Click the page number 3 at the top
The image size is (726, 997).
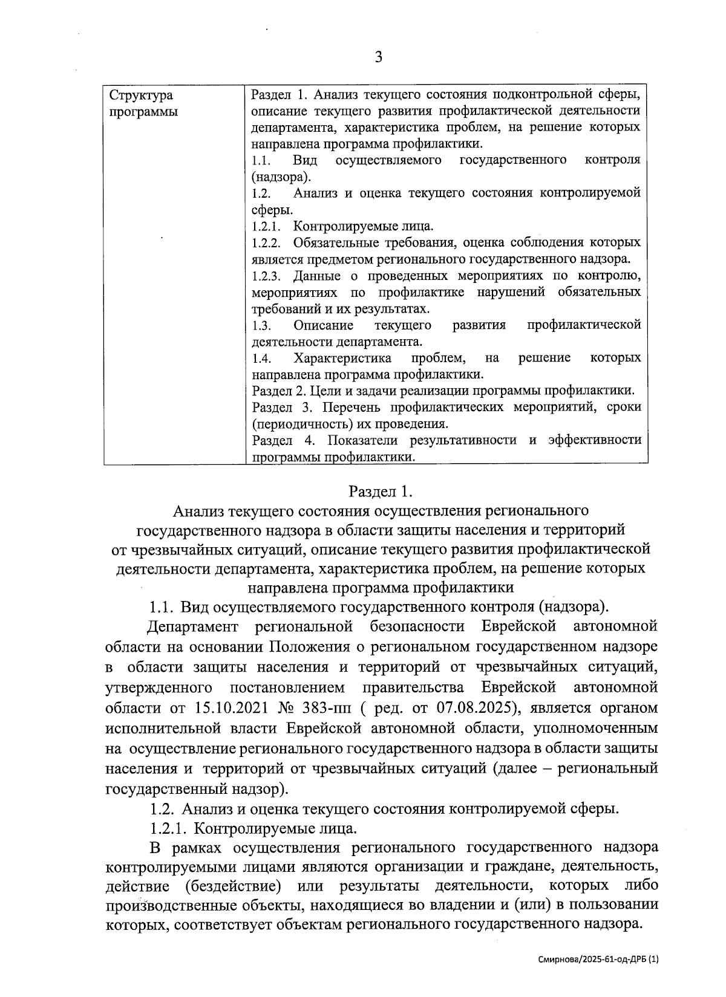point(379,57)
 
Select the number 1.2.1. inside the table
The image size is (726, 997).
point(267,227)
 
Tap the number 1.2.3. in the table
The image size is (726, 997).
point(267,276)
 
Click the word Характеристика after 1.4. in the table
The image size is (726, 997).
point(342,358)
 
